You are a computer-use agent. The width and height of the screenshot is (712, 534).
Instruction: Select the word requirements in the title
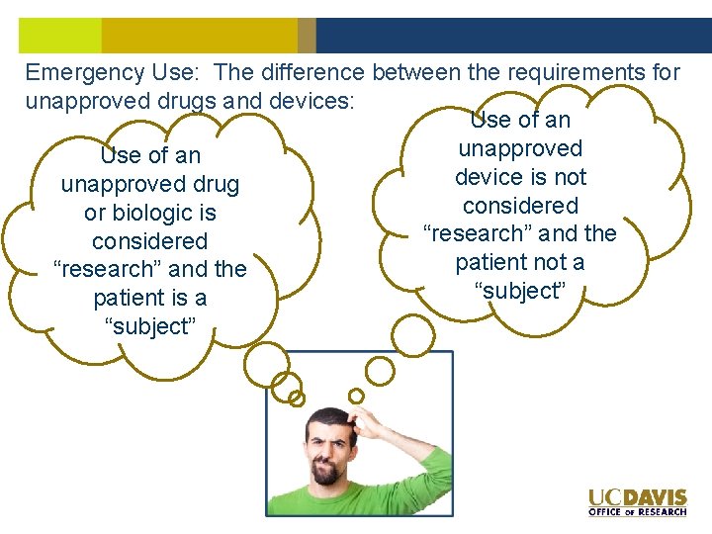click(x=563, y=72)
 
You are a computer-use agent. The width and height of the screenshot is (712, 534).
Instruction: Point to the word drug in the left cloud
click(x=217, y=184)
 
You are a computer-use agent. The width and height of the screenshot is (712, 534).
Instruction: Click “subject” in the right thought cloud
click(x=520, y=291)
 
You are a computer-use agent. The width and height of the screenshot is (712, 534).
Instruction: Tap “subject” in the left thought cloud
click(x=149, y=326)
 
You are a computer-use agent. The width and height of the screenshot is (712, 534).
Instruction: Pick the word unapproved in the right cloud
click(x=520, y=148)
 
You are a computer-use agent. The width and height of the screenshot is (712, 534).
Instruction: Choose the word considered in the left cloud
click(x=149, y=241)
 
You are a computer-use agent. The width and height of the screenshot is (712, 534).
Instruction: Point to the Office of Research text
click(x=637, y=511)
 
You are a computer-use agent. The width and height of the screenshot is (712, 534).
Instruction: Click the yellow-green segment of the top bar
click(x=59, y=36)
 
